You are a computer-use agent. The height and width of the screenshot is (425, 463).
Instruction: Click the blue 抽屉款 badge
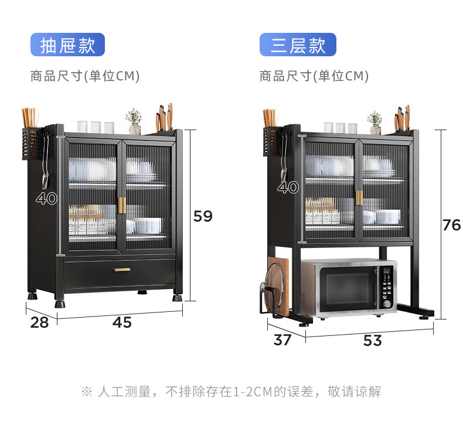(x=67, y=45)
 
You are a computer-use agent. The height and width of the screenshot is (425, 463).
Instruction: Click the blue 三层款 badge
(x=298, y=45)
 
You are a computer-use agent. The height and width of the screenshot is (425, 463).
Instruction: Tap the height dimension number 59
(x=203, y=216)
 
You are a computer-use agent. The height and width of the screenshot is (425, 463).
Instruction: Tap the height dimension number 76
(x=451, y=225)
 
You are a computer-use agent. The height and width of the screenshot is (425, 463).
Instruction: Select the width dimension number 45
(x=122, y=322)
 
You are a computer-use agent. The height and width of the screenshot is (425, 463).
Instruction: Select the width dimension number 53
(x=372, y=341)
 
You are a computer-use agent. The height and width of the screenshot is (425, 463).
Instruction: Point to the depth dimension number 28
(x=40, y=322)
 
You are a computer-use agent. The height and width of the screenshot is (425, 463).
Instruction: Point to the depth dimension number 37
(x=282, y=339)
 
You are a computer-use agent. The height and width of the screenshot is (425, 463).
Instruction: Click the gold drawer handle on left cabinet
(x=122, y=270)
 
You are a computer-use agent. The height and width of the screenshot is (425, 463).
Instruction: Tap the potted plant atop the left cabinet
(x=134, y=121)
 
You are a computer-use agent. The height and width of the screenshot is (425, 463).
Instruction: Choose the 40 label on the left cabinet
(x=47, y=199)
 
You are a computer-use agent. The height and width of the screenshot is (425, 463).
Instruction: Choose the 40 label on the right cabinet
(x=288, y=188)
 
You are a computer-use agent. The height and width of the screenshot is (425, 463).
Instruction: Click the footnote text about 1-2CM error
(x=231, y=392)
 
